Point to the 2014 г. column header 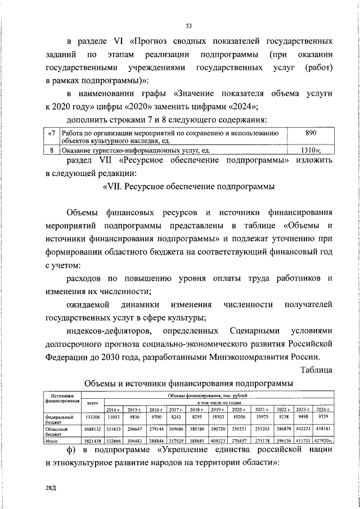point(114,409)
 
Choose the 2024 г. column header point(322,409)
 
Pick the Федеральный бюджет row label point(61,420)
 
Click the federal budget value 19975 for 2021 point(261,417)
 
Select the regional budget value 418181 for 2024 point(322,429)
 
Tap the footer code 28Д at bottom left point(52,490)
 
